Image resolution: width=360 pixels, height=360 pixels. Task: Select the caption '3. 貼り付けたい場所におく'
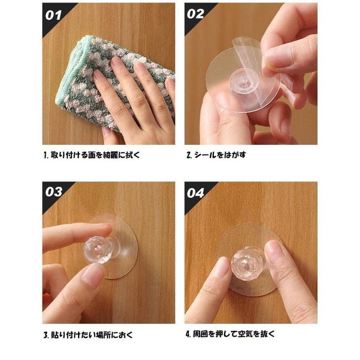point(88,335)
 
